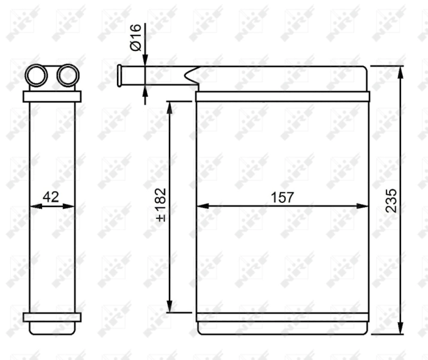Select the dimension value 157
pyautogui.click(x=282, y=197)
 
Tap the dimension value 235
pyautogui.click(x=390, y=200)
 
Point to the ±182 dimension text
pyautogui.click(x=161, y=205)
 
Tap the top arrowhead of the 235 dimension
pyautogui.click(x=400, y=71)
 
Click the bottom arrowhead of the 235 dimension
pyautogui.click(x=400, y=328)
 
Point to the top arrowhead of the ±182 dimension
pyautogui.click(x=170, y=107)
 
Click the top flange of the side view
pyautogui.click(x=52, y=97)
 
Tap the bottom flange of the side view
pyautogui.click(x=52, y=317)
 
